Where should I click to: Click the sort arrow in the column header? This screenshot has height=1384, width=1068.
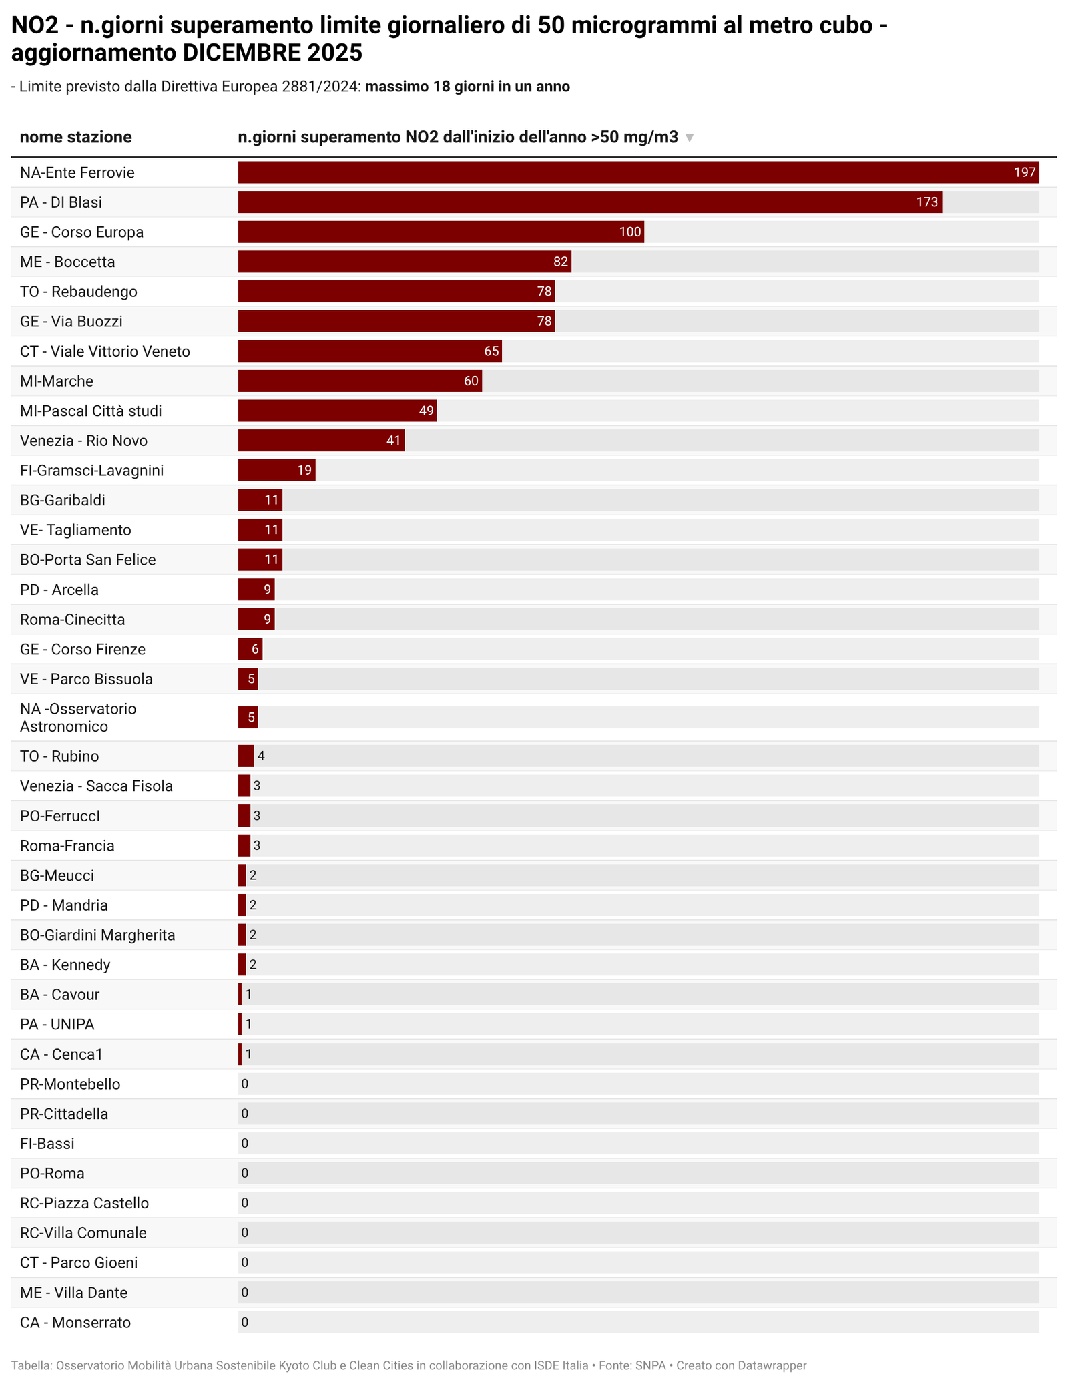[x=690, y=138]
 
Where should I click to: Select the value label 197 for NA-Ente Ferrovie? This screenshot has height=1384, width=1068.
[x=1025, y=172]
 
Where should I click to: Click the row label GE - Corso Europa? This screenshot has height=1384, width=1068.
[x=81, y=232]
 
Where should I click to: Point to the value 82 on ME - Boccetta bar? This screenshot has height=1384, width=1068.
[x=561, y=262]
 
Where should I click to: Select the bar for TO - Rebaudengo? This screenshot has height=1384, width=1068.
[x=396, y=292]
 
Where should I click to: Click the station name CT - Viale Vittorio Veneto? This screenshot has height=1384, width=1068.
[x=105, y=351]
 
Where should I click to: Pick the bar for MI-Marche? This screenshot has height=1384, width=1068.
[x=359, y=381]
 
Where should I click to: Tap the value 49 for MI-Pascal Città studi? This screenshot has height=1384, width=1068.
[x=427, y=411]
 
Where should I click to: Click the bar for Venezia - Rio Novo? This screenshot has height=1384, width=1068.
[x=320, y=441]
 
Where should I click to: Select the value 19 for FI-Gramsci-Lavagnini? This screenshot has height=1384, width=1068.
[x=304, y=471]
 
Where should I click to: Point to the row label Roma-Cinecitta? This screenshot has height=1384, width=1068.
[x=72, y=620]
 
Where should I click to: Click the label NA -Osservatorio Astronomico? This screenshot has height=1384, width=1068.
[x=78, y=718]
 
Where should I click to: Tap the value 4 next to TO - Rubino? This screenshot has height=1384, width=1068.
[x=262, y=756]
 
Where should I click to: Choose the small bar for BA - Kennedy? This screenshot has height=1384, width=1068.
[x=242, y=965]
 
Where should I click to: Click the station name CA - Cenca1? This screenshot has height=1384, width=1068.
[x=61, y=1054]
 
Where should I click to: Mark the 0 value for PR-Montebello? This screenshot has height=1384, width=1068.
[x=245, y=1084]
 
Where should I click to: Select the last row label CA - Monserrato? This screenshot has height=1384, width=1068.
[x=75, y=1323]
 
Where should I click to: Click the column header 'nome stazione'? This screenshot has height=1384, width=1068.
[x=75, y=137]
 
